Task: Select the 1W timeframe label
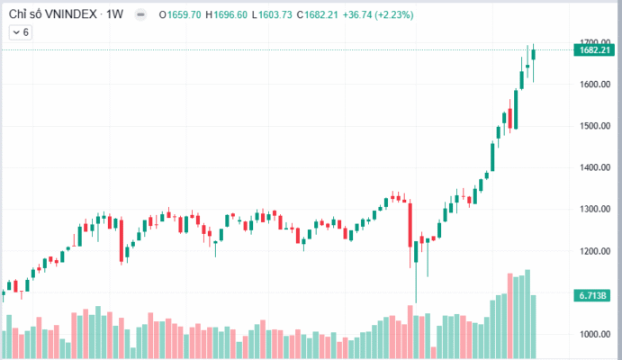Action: (114, 15)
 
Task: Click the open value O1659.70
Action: (181, 15)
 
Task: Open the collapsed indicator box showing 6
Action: (20, 32)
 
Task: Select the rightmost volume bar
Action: (534, 327)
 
